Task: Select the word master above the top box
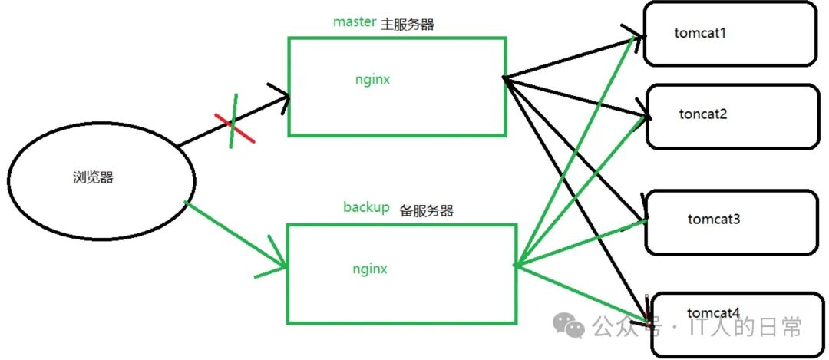(354, 22)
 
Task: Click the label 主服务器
(408, 25)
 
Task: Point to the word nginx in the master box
(372, 78)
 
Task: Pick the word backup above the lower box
(366, 208)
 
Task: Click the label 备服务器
(427, 210)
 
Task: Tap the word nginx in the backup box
(370, 269)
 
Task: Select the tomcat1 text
(699, 33)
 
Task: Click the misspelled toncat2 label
(702, 114)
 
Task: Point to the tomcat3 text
(714, 220)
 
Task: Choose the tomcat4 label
(714, 313)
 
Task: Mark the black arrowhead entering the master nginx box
(282, 97)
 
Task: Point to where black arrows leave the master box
(504, 78)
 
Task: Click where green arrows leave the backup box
(516, 266)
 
